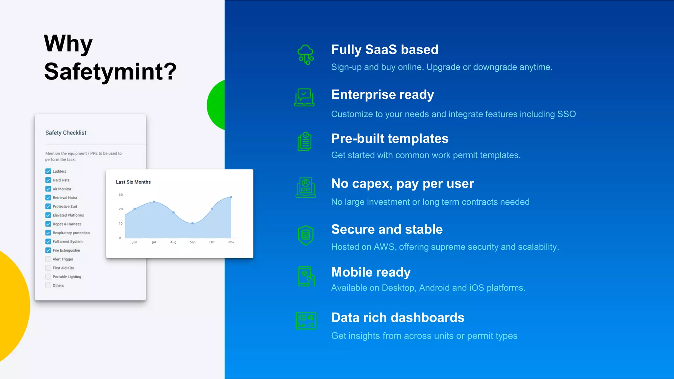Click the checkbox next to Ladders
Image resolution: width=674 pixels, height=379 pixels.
coord(48,171)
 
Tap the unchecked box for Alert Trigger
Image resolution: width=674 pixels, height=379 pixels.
coord(48,259)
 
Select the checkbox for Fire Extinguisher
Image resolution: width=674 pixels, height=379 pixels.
coord(48,250)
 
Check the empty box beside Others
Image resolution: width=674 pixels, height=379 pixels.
coord(48,285)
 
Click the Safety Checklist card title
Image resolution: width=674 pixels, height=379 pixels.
coord(66,133)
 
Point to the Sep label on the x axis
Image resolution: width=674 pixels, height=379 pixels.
coord(193,242)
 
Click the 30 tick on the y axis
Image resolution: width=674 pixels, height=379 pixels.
coord(121,195)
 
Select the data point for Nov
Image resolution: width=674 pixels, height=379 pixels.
coord(231,197)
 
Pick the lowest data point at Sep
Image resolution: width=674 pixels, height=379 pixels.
coord(193,223)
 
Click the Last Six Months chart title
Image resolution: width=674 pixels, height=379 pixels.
coord(133,182)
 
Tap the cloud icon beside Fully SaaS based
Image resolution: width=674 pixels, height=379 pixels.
coord(306,55)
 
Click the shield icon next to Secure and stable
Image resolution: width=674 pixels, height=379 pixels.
coord(306,235)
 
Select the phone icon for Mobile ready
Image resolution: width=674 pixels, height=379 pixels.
coord(306,276)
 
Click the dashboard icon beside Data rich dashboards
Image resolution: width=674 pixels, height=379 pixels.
coord(306,321)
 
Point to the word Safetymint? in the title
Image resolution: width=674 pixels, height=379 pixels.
coord(110,72)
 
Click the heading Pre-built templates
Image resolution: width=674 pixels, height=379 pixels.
coord(390,139)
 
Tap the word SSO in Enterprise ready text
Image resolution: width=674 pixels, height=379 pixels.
coord(566,114)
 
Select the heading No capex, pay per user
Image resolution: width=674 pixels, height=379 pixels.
coord(402,184)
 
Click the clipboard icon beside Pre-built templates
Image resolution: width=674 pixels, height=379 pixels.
coord(305,141)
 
